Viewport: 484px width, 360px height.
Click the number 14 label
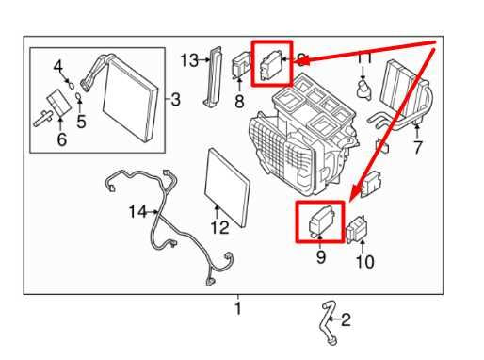137,212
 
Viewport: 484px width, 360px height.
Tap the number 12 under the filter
219,227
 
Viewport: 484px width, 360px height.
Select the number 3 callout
175,99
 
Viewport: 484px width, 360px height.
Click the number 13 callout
189,60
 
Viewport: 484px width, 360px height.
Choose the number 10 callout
363,258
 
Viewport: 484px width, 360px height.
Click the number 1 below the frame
238,308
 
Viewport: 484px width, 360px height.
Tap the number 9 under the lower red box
321,255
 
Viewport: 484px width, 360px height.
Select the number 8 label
239,99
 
